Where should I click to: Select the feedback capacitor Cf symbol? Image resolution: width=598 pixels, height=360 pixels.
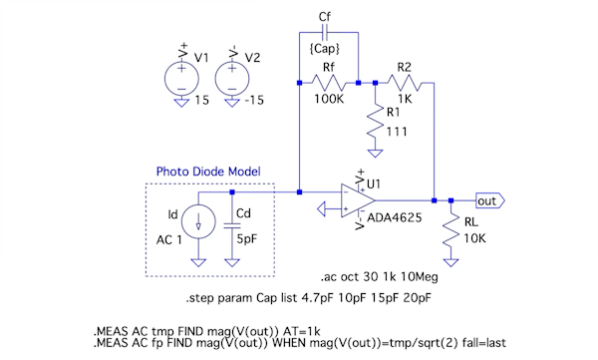325,33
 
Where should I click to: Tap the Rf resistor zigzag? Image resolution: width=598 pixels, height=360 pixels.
329,83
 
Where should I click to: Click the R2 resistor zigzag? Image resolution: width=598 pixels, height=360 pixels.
405,83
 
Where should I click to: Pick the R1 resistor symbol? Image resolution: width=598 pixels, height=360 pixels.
376,122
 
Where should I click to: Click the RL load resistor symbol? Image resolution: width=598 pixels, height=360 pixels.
450,230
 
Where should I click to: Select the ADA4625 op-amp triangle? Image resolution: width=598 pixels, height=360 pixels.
358,200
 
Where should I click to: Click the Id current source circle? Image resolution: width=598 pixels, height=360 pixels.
198,221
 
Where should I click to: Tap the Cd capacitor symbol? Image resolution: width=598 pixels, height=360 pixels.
232,226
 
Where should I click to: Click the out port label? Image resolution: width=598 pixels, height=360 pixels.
490,200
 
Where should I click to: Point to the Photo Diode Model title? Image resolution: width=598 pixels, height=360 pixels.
208,172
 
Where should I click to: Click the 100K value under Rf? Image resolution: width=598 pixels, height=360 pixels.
329,99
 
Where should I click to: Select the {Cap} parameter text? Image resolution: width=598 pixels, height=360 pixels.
325,49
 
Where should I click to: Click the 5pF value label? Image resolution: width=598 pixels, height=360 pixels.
247,239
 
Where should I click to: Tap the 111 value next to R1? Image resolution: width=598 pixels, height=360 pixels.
397,132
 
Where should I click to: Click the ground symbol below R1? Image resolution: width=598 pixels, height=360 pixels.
376,154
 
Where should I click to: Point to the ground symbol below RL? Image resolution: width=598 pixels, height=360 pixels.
450,262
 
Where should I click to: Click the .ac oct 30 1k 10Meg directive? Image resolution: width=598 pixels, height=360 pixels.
379,277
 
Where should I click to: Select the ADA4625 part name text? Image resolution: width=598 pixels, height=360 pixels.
395,218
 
